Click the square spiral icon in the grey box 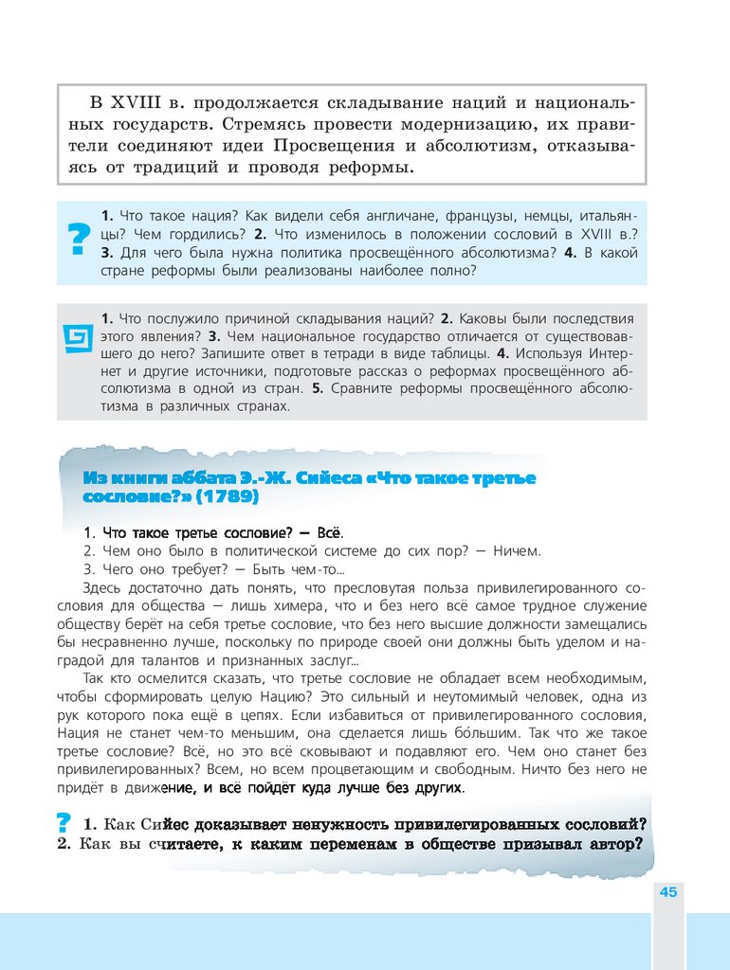pos(77,337)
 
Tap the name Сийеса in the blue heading pos(320,477)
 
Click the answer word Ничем pos(517,550)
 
